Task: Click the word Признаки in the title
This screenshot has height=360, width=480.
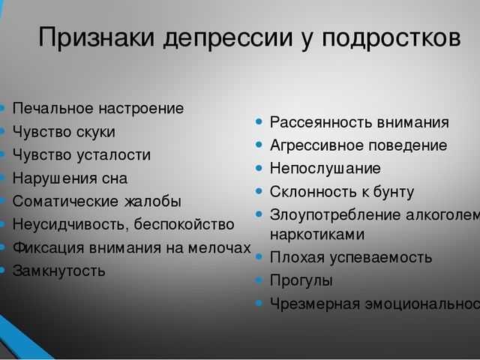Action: click(x=97, y=37)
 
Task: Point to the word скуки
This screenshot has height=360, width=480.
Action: click(x=96, y=132)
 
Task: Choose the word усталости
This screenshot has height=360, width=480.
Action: click(x=113, y=155)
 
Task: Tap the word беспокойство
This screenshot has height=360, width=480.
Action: click(x=184, y=224)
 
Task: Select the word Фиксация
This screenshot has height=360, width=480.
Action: click(x=48, y=247)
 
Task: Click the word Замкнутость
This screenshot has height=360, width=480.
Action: click(x=58, y=271)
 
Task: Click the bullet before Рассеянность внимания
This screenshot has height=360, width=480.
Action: click(x=259, y=121)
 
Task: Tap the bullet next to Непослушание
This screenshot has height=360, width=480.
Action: click(x=259, y=168)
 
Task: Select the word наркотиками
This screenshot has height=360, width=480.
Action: click(x=317, y=235)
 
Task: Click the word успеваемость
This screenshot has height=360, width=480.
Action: click(x=380, y=258)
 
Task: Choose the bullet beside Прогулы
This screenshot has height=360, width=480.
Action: click(x=259, y=280)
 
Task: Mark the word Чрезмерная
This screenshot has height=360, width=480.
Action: click(x=315, y=304)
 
